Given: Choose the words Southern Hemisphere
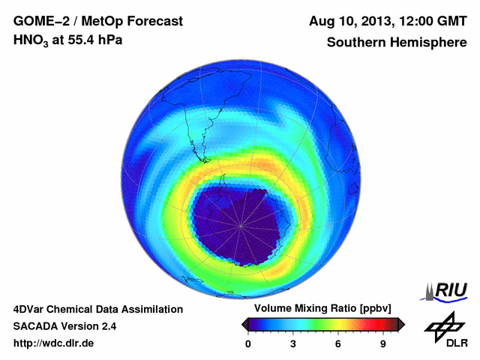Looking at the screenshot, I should (x=396, y=43).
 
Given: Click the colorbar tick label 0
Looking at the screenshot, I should (x=248, y=343).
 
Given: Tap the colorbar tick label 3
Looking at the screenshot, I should (x=293, y=343).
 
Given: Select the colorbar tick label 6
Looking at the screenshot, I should (x=338, y=343).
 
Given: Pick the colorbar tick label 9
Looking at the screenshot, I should (x=383, y=343).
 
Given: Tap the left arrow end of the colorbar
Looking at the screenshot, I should (x=244, y=324).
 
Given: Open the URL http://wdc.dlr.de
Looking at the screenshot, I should (x=54, y=343).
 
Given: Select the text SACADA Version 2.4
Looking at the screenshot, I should (x=64, y=326).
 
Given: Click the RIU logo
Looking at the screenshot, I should (x=447, y=290).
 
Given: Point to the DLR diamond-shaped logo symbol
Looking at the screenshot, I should (x=445, y=326).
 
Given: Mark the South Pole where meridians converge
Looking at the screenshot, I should (x=240, y=224).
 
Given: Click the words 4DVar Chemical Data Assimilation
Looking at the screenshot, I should (x=97, y=309).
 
